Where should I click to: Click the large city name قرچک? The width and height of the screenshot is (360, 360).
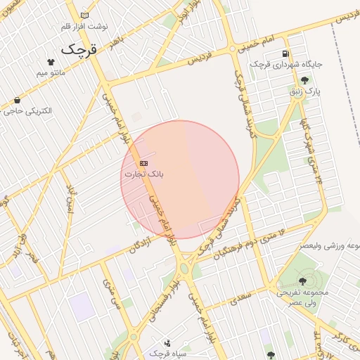[77, 49]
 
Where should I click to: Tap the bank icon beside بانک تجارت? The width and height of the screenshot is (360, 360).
[144, 163]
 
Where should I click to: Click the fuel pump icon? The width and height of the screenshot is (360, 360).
[285, 53]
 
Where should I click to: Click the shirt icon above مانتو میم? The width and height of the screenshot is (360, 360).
[50, 62]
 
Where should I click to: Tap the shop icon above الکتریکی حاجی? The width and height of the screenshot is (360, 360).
[17, 101]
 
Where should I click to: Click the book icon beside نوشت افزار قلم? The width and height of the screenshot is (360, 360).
[85, 15]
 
